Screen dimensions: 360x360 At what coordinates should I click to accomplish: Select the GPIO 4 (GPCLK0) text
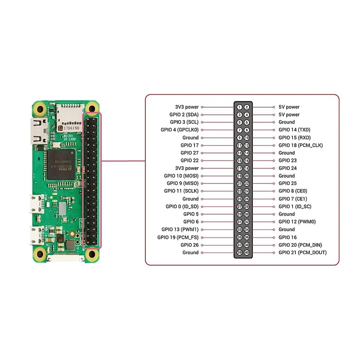click(180, 130)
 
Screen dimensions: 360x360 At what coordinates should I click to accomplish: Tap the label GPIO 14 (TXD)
click(295, 130)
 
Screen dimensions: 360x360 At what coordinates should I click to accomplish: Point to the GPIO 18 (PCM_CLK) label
click(301, 145)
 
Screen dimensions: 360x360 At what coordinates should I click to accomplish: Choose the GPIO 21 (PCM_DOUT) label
click(302, 252)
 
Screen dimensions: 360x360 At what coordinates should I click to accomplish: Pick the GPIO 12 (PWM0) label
click(297, 222)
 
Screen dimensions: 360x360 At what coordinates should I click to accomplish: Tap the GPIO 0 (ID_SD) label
click(182, 207)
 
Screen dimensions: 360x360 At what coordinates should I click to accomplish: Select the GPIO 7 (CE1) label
click(293, 199)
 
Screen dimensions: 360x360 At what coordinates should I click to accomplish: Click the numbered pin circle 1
click(240, 107)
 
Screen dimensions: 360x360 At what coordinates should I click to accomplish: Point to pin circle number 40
click(247, 252)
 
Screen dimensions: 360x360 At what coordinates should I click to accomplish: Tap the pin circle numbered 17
click(240, 168)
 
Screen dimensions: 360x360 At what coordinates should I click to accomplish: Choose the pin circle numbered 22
click(247, 184)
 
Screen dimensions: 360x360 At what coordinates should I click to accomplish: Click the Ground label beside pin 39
click(190, 252)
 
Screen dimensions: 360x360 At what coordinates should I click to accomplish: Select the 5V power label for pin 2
click(289, 107)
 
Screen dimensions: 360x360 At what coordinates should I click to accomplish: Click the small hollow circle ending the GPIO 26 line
click(202, 245)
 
